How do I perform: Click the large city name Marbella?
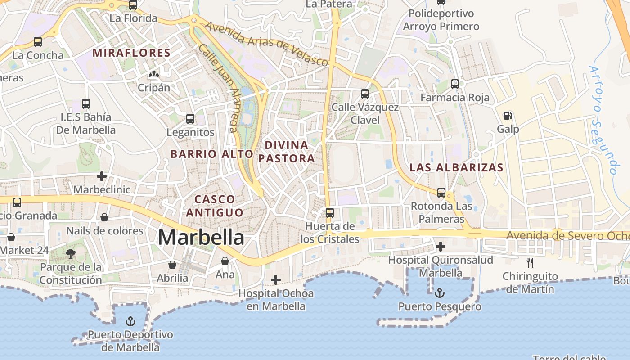click(x=201, y=237)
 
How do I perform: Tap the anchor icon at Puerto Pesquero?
click(x=440, y=293)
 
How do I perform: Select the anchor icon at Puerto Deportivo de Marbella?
click(x=130, y=321)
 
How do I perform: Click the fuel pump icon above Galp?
click(x=508, y=116)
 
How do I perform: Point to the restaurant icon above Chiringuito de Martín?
click(x=530, y=263)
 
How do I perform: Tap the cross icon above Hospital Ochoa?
click(x=276, y=280)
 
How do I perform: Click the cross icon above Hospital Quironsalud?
click(x=441, y=246)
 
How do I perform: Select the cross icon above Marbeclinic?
click(x=102, y=176)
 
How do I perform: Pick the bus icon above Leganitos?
click(x=190, y=119)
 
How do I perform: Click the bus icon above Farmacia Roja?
click(x=455, y=84)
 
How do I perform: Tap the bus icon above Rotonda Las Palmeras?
click(x=441, y=193)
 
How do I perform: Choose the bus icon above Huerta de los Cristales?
click(x=330, y=213)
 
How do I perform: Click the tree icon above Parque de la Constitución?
click(x=70, y=254)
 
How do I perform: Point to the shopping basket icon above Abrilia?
click(x=172, y=265)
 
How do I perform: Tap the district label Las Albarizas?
click(x=456, y=168)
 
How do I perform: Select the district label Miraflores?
click(x=131, y=53)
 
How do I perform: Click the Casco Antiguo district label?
click(x=215, y=206)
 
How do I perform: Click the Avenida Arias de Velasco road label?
click(x=266, y=44)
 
